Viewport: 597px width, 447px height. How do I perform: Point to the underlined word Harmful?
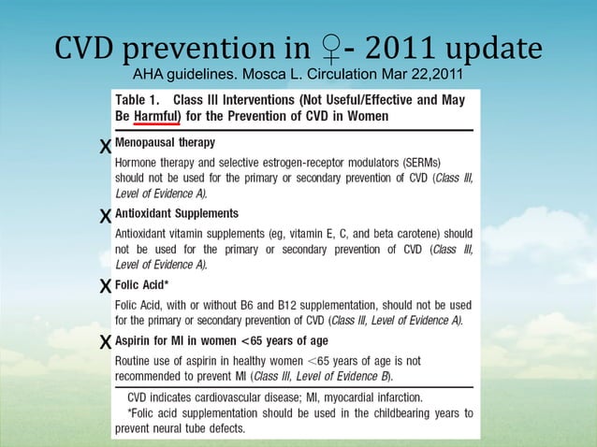point(158,116)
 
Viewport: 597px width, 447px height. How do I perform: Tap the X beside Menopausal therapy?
point(105,146)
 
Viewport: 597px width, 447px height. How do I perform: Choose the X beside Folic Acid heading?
point(105,285)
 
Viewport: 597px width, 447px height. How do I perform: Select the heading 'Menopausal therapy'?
point(164,143)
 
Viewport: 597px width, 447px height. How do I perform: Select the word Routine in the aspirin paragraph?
point(135,359)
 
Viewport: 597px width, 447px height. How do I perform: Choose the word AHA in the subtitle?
point(151,74)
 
